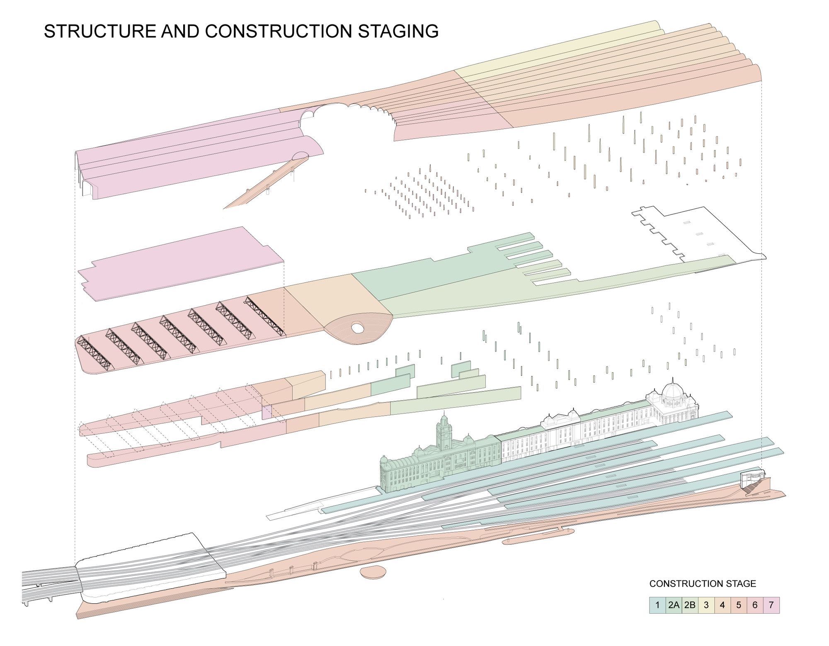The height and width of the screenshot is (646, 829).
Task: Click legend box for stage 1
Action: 657,605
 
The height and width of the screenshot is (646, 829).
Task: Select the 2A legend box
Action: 674,605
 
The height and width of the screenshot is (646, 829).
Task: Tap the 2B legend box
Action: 690,605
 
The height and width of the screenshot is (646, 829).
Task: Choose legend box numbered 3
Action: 706,605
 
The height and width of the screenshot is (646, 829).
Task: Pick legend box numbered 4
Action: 722,605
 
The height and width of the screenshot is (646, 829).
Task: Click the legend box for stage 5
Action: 739,605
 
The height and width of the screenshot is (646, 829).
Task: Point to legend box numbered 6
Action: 755,605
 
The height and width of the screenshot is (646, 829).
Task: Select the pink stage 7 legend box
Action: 771,605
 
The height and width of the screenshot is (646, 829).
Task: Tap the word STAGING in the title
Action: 398,32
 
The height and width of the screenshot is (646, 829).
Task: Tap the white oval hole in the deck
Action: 357,328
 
